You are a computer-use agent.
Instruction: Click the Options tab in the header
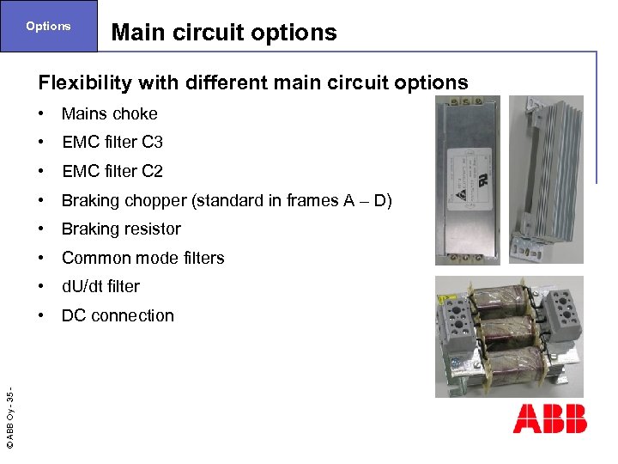point(48,26)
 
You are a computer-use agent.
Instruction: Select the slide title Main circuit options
point(224,33)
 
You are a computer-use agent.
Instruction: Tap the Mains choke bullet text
point(109,113)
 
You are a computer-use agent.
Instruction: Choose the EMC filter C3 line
point(112,142)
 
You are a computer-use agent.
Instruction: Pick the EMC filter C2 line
point(112,171)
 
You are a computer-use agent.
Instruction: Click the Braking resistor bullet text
point(121,229)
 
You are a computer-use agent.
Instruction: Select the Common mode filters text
point(142,258)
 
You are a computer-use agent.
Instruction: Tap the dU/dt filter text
point(100,286)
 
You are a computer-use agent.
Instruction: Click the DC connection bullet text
point(118,315)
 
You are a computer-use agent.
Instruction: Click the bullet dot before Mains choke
point(42,113)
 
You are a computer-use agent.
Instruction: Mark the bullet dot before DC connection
point(42,315)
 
